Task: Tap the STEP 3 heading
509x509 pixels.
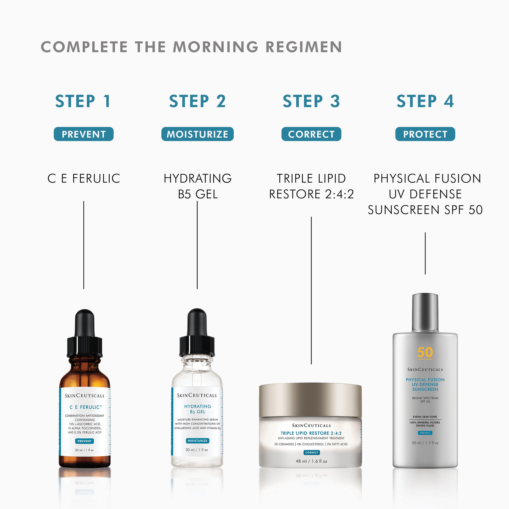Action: (x=311, y=101)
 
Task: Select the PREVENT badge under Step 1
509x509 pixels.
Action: (x=83, y=134)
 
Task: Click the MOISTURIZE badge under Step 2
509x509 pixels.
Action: (x=197, y=134)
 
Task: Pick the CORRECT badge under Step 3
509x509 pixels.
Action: (x=311, y=134)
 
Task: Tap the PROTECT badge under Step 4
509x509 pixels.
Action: (x=425, y=134)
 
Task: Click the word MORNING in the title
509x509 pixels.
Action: (x=216, y=47)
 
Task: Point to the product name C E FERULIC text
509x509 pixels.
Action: (x=84, y=178)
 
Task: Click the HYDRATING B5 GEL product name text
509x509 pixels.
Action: (x=197, y=186)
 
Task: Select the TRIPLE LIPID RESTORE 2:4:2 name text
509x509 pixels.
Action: (x=311, y=186)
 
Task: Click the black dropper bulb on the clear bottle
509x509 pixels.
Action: (x=197, y=323)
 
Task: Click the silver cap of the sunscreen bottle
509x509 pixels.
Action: (x=425, y=313)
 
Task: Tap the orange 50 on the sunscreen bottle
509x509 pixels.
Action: (x=425, y=352)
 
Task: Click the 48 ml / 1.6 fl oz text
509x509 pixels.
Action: (x=311, y=461)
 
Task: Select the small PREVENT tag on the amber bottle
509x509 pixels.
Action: (x=84, y=441)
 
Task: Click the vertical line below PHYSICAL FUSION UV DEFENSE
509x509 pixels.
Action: (x=425, y=253)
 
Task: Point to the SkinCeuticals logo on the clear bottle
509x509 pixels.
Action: (x=197, y=395)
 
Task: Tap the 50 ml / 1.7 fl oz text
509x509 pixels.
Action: (x=425, y=443)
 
